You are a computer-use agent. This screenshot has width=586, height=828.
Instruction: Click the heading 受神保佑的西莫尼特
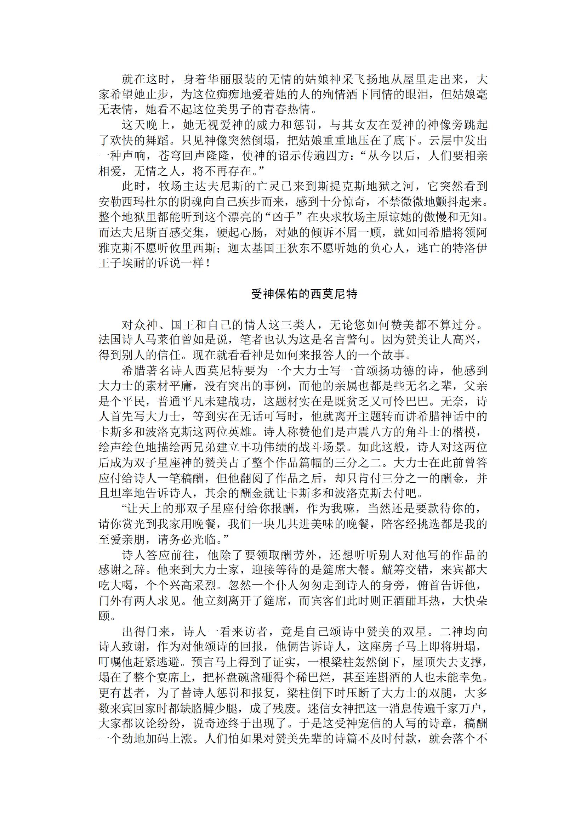tap(304, 294)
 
